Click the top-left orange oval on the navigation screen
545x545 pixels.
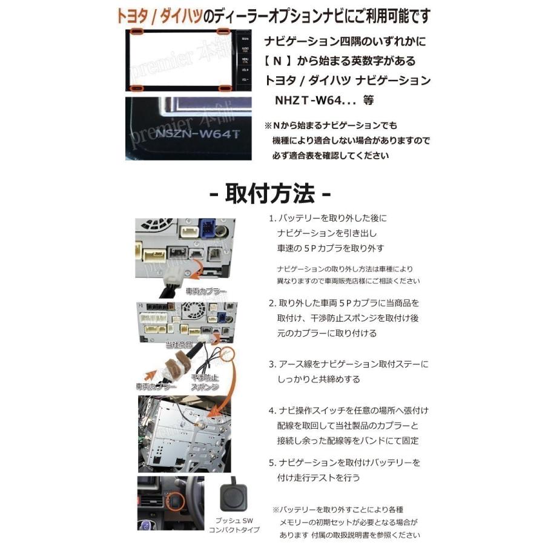[x=136, y=31]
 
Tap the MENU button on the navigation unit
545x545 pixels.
[x=245, y=59]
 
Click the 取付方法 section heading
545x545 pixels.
[x=269, y=194]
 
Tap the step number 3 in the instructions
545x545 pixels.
[x=272, y=364]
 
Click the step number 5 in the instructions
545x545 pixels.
[x=272, y=462]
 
